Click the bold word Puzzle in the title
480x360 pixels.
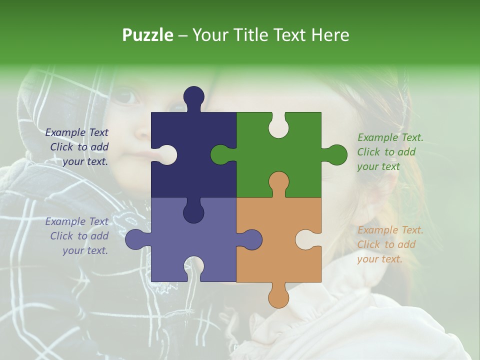[x=147, y=35]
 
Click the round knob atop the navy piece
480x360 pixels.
[x=194, y=96]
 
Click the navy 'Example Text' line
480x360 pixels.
[x=76, y=132]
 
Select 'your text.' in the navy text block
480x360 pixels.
[x=85, y=161]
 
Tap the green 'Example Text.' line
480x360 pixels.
[x=390, y=137]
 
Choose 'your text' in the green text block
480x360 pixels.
[x=378, y=166]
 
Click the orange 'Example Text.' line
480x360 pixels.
[x=390, y=230]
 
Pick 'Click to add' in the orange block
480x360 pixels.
[x=386, y=244]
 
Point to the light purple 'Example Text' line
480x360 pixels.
[x=76, y=221]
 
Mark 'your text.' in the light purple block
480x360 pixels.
[x=85, y=250]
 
